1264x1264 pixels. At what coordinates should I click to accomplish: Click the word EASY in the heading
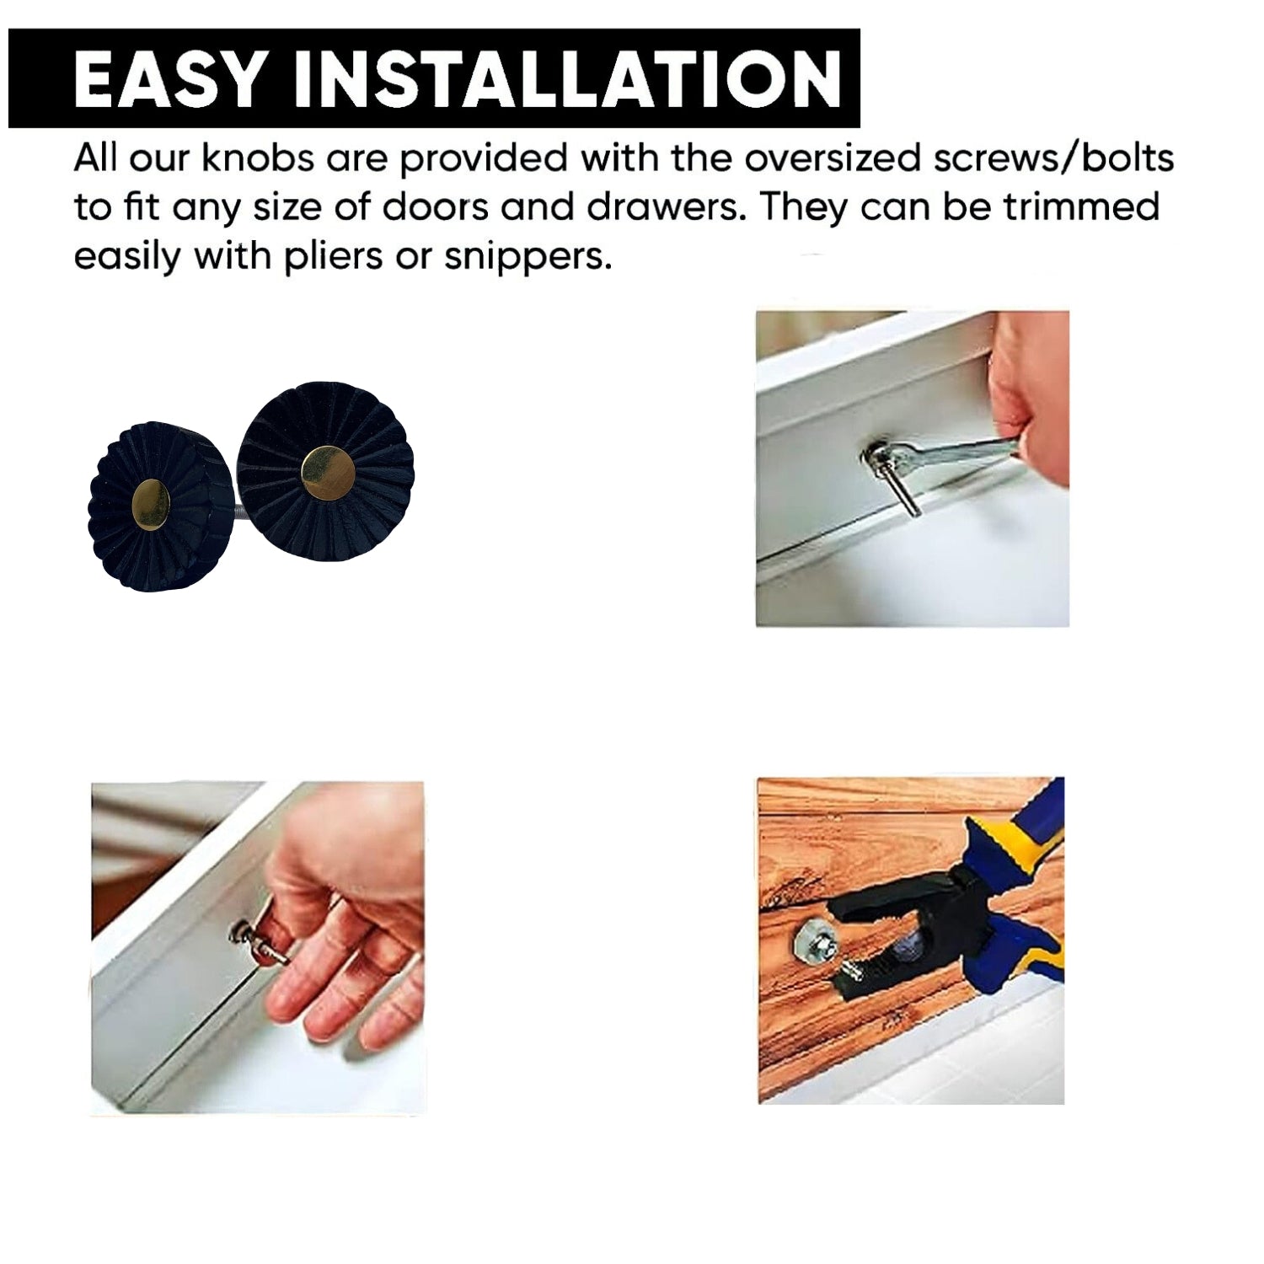pyautogui.click(x=168, y=78)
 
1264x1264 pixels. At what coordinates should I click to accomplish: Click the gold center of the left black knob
pyautogui.click(x=151, y=505)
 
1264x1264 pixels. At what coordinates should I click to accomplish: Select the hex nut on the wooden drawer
pyautogui.click(x=816, y=941)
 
